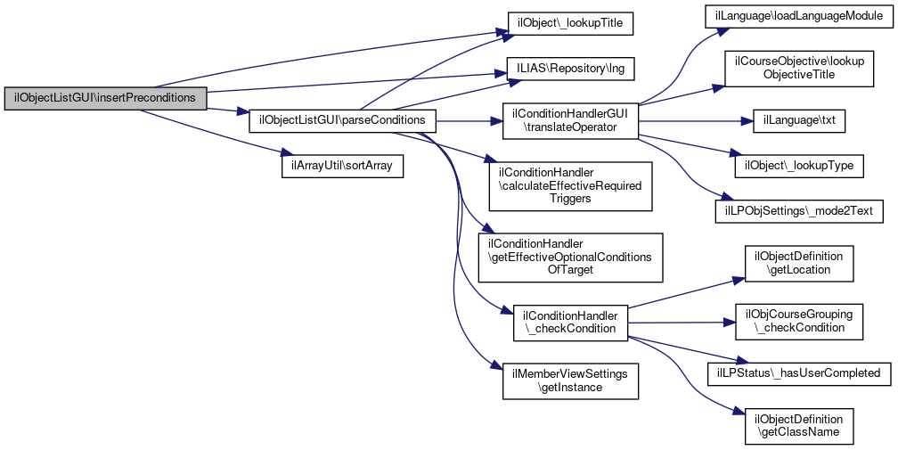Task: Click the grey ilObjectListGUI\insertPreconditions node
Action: [105, 97]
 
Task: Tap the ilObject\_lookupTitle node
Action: [570, 23]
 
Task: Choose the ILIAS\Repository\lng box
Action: [570, 67]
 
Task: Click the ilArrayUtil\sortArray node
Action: [341, 166]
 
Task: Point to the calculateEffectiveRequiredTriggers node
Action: [570, 184]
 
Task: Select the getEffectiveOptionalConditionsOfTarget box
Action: [570, 257]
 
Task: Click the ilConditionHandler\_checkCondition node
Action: [570, 322]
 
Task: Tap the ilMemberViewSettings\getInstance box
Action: [570, 380]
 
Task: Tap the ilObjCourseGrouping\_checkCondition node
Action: [799, 321]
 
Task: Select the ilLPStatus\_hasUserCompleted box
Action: [799, 372]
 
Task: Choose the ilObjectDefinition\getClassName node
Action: [799, 425]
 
